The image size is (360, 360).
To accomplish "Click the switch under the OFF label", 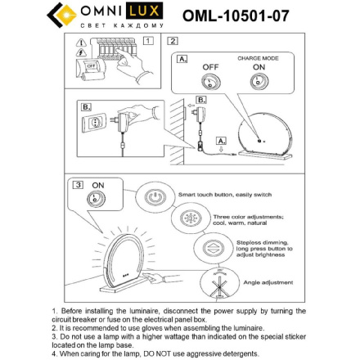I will [210, 81].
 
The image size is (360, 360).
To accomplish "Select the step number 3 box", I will [79, 185].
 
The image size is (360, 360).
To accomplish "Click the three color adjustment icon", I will [188, 221].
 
